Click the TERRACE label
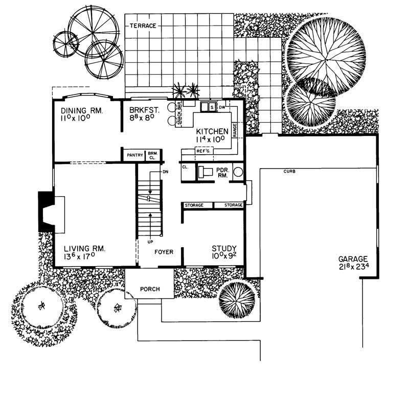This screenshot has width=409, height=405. [143, 26]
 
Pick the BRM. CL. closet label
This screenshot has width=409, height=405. [153, 155]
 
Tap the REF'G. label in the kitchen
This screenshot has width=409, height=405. [203, 151]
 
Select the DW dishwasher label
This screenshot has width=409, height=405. [222, 108]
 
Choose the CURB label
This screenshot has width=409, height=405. [289, 172]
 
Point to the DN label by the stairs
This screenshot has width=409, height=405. [165, 172]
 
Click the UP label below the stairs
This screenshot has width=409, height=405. [150, 242]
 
